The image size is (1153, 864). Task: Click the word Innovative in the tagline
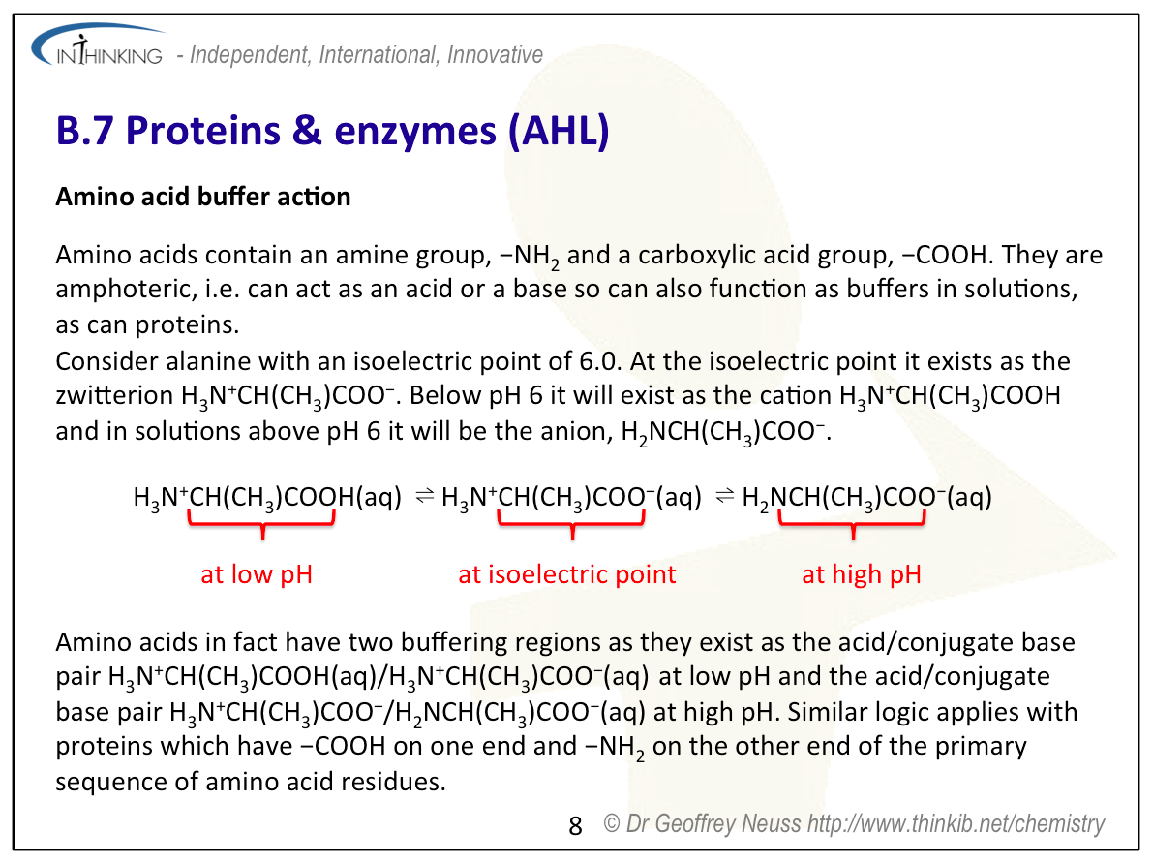tap(495, 54)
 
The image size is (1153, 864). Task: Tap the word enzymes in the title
tap(415, 132)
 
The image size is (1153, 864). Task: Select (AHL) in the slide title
tap(559, 131)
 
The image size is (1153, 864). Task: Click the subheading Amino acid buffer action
tap(203, 197)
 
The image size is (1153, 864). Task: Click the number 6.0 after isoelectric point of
tap(599, 361)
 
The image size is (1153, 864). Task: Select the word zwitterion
tap(114, 395)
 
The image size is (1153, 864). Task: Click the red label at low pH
tap(257, 574)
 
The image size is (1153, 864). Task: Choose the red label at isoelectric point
tap(567, 574)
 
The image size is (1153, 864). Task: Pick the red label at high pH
tap(861, 574)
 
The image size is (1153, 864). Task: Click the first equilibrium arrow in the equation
tap(425, 496)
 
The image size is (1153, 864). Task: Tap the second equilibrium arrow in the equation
tap(725, 496)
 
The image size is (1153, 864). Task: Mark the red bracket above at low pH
tap(262, 523)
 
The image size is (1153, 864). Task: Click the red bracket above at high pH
tap(853, 523)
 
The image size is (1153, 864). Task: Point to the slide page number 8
tap(575, 825)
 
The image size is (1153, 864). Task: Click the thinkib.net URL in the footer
tap(956, 823)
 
